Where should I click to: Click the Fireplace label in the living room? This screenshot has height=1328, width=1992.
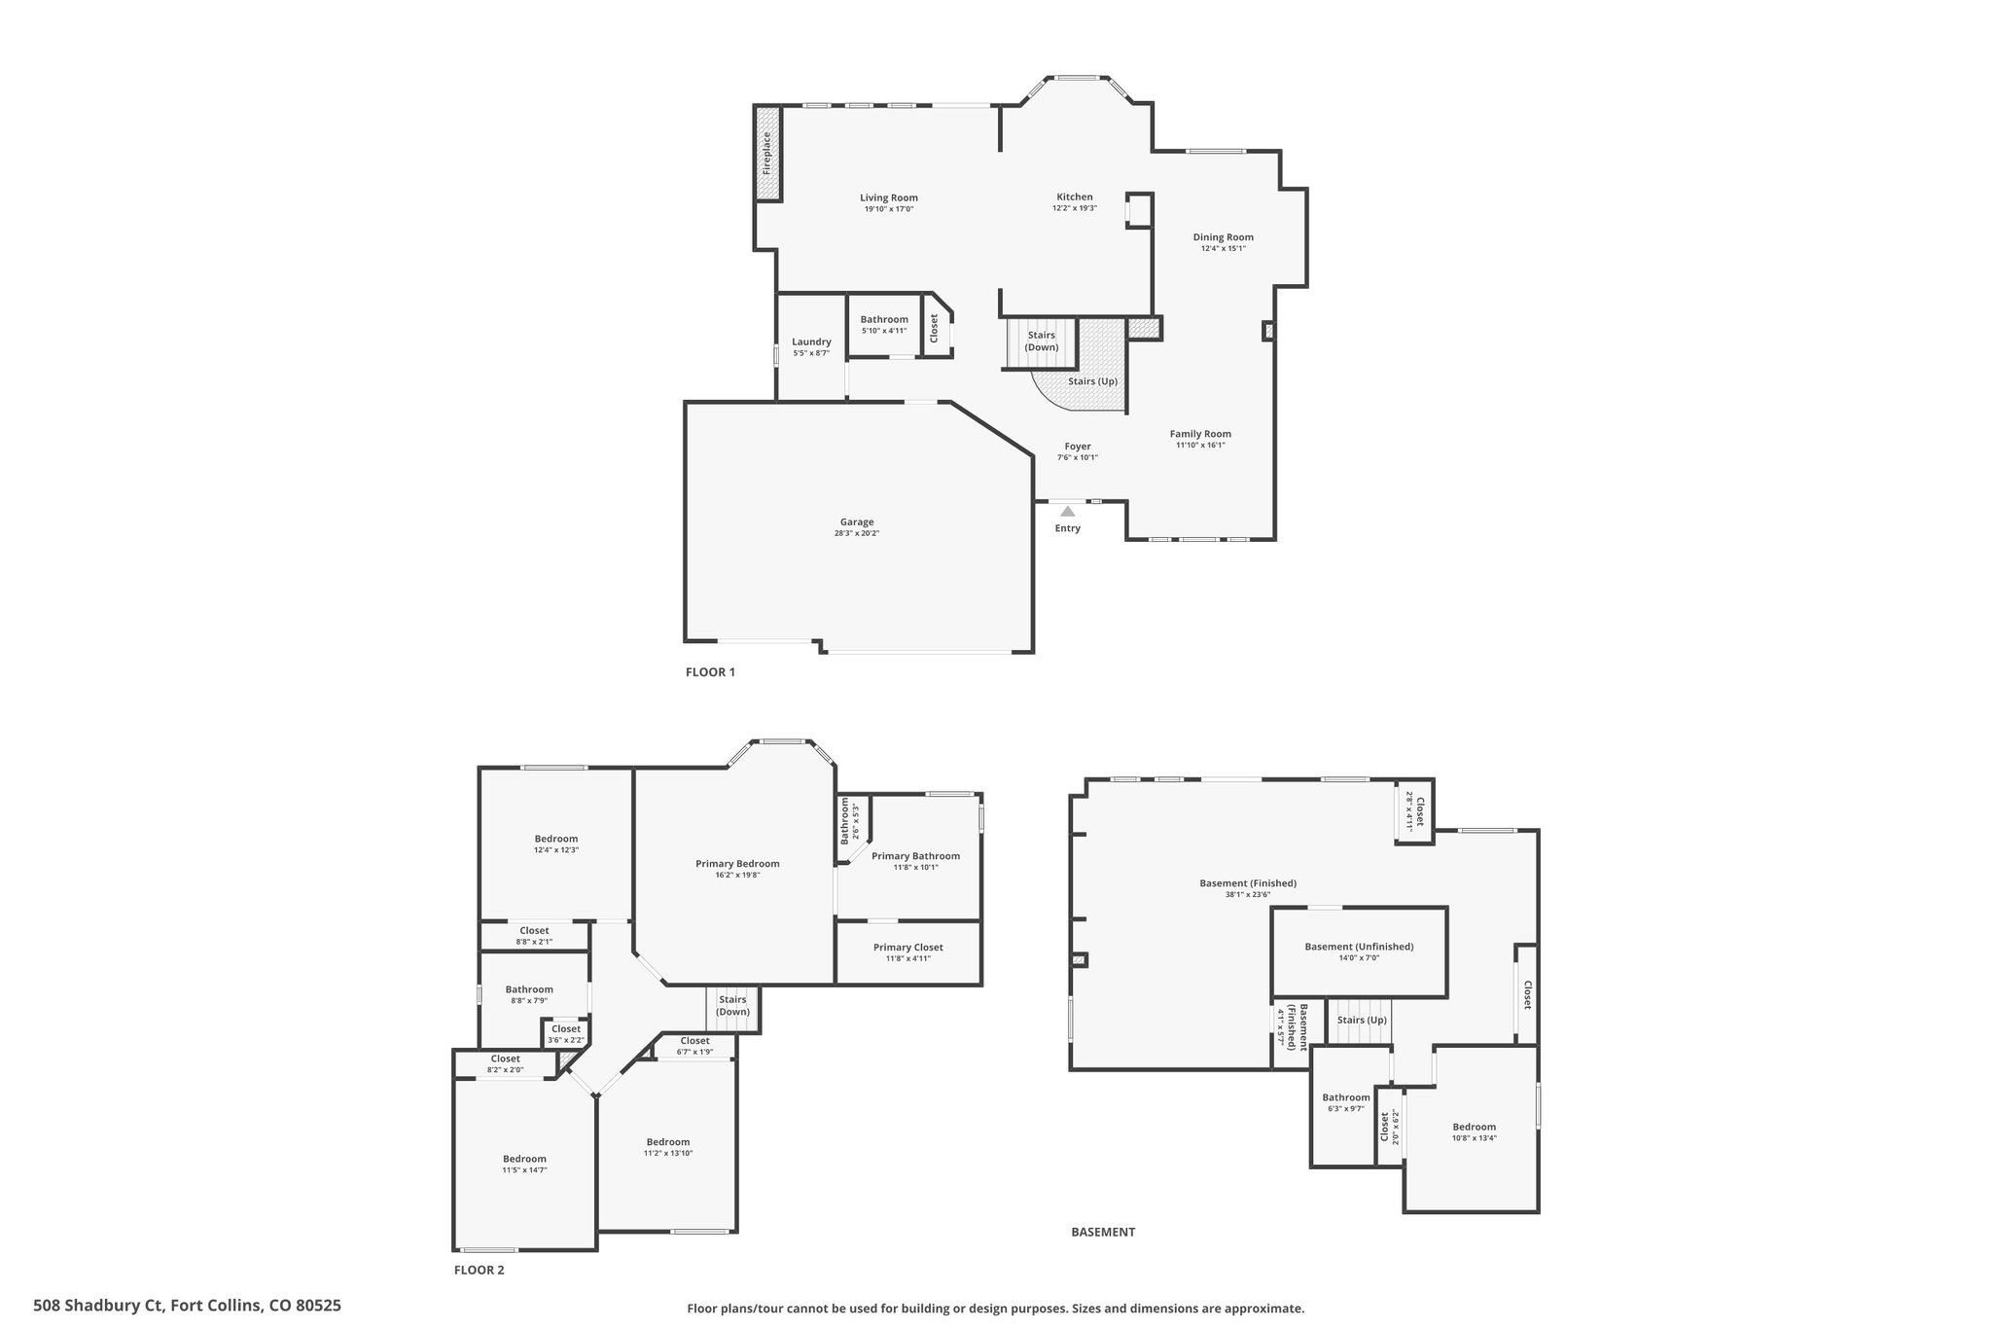click(x=766, y=153)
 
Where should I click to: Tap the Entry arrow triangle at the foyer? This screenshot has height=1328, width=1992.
click(x=1068, y=511)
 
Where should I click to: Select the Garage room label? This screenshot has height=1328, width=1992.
click(x=857, y=521)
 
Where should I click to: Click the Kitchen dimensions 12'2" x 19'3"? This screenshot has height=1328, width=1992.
click(x=1075, y=208)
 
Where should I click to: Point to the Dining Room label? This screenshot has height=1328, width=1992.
click(x=1224, y=236)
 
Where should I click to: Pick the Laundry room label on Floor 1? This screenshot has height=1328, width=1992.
click(x=811, y=341)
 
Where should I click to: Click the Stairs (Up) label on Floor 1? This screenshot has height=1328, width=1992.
click(x=1093, y=381)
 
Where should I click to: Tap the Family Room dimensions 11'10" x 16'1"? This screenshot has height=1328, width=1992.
click(x=1201, y=446)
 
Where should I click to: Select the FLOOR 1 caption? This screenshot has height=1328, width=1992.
click(x=711, y=671)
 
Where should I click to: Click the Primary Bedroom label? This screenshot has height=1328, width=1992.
click(x=737, y=863)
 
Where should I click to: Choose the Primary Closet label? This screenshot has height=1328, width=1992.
click(x=908, y=947)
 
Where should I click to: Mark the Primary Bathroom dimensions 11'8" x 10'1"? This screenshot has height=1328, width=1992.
click(x=915, y=868)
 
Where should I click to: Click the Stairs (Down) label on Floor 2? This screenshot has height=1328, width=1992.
click(x=732, y=1005)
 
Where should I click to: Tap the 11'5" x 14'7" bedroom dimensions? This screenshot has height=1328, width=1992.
click(x=524, y=1170)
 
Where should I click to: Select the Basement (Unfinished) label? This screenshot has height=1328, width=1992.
click(x=1359, y=947)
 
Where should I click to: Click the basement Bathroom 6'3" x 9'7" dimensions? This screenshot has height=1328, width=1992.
click(x=1346, y=1109)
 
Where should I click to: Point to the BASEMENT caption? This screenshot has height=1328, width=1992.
click(x=1103, y=1232)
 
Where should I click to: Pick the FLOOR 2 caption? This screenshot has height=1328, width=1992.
click(x=480, y=1270)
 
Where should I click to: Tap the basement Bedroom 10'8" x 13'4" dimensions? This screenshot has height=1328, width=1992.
click(x=1475, y=1138)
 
